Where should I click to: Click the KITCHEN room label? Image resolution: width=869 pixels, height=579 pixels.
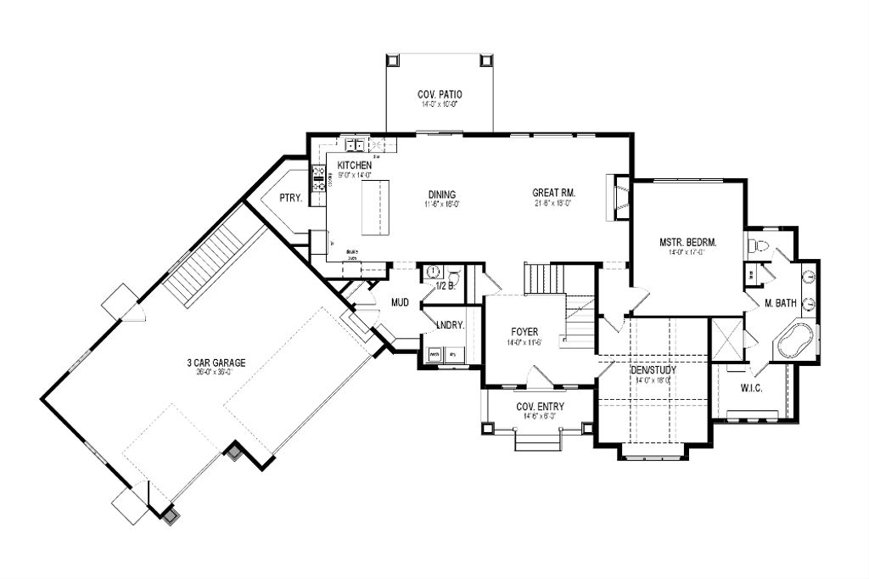coord(355,165)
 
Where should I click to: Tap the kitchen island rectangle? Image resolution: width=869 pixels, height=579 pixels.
coord(373,207)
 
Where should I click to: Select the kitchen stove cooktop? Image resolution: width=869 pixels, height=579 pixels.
coord(321,178)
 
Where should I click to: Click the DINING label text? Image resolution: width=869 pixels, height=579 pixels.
coord(442,194)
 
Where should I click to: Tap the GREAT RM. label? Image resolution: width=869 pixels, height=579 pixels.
coord(552,194)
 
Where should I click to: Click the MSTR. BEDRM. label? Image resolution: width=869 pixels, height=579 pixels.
coord(688,243)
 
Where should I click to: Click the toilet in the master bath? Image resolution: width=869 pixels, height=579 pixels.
coord(760,247)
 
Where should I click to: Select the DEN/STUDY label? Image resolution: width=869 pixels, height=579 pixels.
coord(653,369)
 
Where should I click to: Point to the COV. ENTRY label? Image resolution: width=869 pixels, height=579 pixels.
coord(541,407)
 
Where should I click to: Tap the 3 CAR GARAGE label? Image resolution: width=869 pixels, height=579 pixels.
coord(216,363)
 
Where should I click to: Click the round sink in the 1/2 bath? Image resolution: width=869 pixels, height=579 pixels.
coord(434,272)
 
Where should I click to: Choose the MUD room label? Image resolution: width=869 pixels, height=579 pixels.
coord(401,301)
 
